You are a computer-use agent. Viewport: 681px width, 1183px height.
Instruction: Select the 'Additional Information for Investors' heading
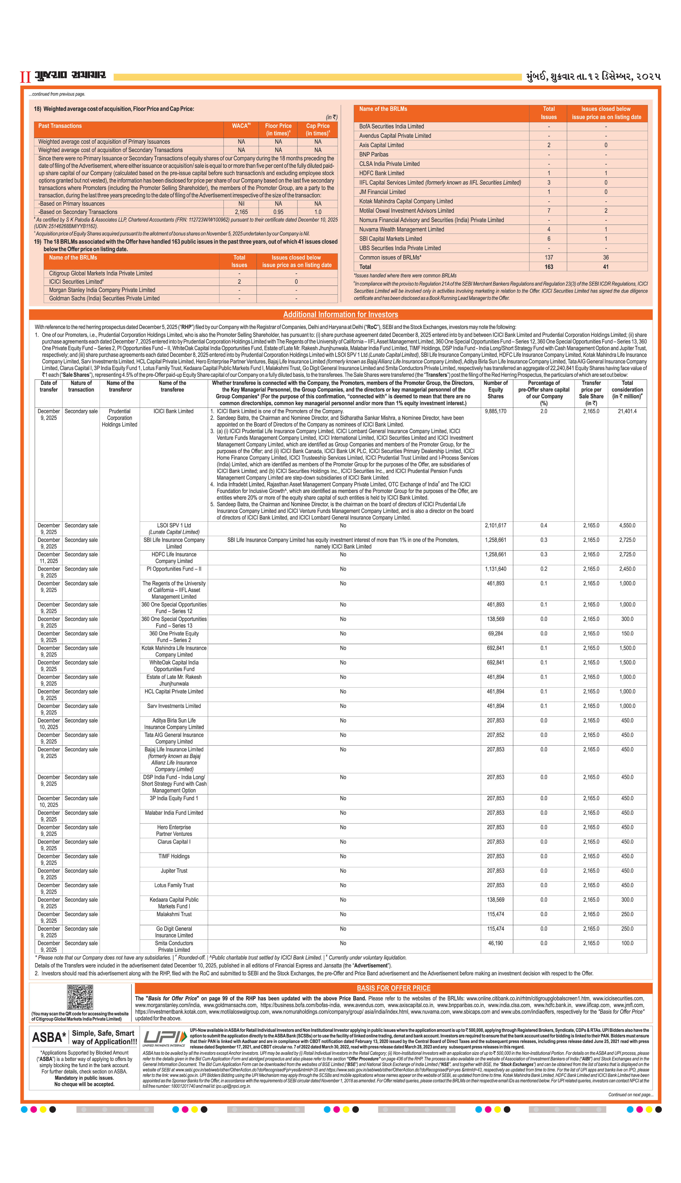coord(340,315)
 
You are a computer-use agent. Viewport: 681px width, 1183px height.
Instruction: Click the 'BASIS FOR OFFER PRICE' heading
coord(393,988)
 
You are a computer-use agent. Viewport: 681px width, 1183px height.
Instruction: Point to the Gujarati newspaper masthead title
coord(70,75)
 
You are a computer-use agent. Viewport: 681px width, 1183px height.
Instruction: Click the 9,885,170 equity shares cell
coord(495,411)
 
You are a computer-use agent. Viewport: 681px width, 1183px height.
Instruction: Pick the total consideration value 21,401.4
coord(627,411)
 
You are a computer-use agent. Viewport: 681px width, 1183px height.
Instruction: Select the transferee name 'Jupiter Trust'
coord(174,871)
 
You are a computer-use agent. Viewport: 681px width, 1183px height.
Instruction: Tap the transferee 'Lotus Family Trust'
coord(174,885)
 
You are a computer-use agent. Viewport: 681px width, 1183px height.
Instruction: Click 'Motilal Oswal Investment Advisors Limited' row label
coord(406,211)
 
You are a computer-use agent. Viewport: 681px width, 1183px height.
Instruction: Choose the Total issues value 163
coord(549,267)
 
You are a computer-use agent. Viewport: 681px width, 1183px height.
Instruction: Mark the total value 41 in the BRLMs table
coord(606,267)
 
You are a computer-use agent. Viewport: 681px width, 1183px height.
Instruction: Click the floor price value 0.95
coord(278,212)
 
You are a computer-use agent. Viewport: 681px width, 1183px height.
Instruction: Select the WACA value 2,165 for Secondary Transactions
coord(241,212)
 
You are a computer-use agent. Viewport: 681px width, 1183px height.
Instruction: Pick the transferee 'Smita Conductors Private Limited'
coord(174,946)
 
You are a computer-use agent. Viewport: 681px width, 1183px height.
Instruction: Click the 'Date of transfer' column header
coord(49,386)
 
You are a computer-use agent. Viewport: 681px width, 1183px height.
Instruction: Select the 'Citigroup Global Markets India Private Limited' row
coord(100,273)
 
